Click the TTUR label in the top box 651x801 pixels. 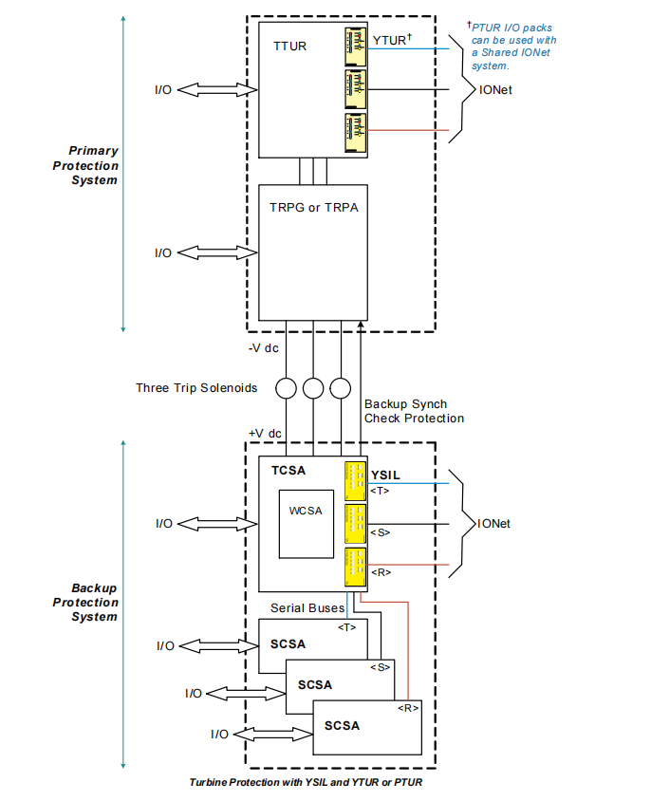(289, 47)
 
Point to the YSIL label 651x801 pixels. (386, 473)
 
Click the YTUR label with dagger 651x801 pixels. (392, 40)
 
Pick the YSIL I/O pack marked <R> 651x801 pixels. (356, 565)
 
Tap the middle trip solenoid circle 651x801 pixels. (313, 387)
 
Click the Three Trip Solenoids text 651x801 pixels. (197, 387)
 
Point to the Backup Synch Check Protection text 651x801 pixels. (414, 411)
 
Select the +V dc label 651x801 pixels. (266, 433)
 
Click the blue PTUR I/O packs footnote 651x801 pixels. (513, 47)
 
